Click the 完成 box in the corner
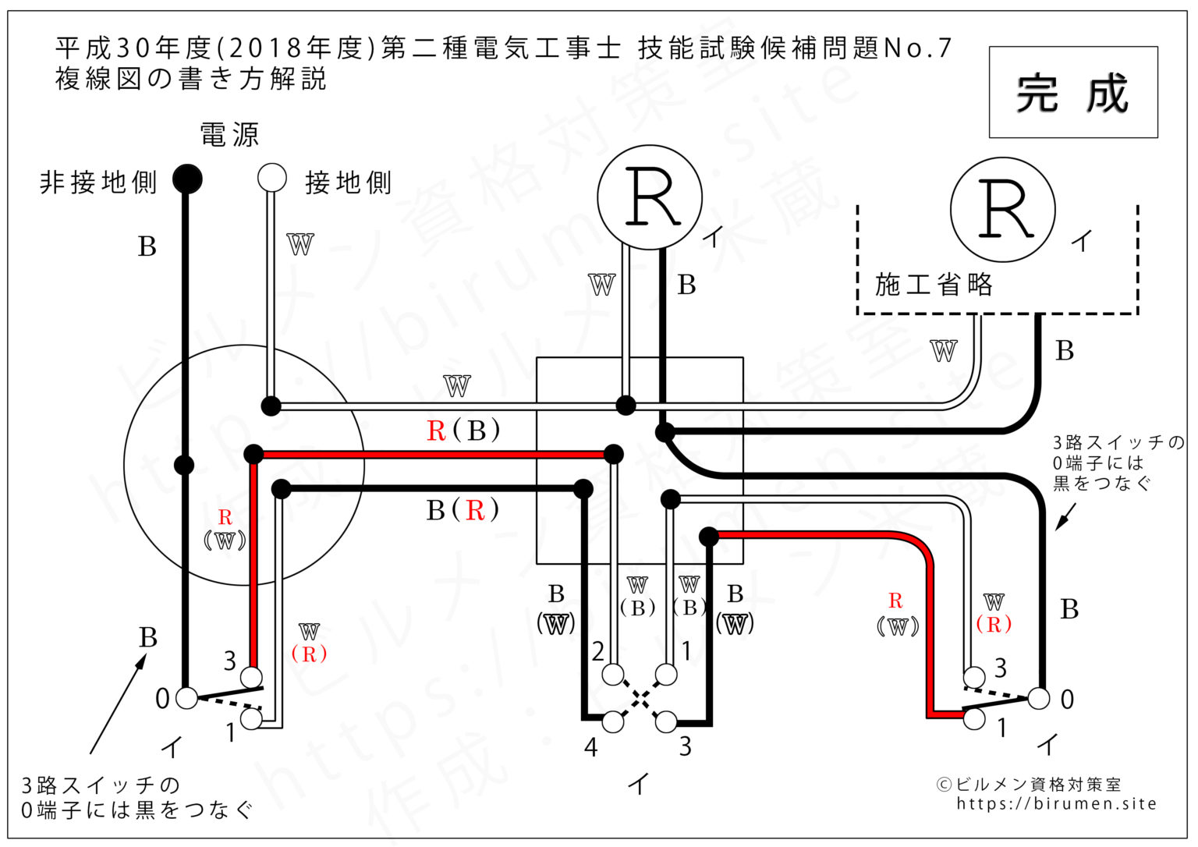[1072, 92]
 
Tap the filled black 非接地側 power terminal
[186, 179]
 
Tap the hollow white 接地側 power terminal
[272, 178]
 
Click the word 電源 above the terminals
[229, 135]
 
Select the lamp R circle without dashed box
[649, 197]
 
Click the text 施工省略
[934, 285]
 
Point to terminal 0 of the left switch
[186, 697]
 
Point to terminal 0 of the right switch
[1039, 698]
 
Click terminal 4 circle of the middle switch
[613, 722]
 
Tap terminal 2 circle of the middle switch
[613, 674]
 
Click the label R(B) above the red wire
[463, 431]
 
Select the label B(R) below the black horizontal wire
[463, 510]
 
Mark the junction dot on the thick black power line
[184, 466]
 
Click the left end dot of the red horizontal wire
[253, 454]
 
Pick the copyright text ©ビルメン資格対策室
[1028, 785]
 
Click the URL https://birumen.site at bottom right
[1057, 804]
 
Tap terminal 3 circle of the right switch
[974, 675]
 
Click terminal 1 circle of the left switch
[251, 718]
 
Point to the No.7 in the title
[918, 48]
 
